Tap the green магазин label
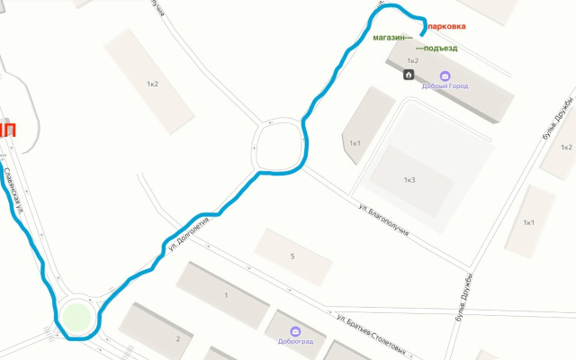tap(391, 38)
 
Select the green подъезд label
tap(437, 48)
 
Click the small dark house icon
tap(409, 74)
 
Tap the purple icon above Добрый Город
tap(444, 75)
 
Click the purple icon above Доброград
tap(295, 329)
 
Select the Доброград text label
tap(295, 342)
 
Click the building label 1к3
tap(409, 180)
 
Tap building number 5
tap(292, 256)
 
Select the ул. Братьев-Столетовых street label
tap(372, 335)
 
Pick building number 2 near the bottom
tap(178, 338)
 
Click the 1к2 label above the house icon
tap(412, 60)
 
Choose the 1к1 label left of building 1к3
tap(355, 143)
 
